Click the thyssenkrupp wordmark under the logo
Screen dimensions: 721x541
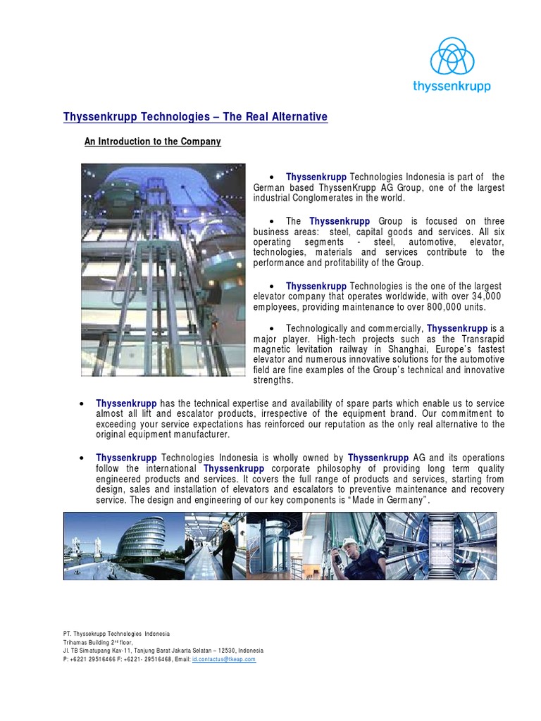pos(452,87)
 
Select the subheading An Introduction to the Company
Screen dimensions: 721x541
pos(153,142)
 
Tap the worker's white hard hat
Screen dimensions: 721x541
pos(349,542)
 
